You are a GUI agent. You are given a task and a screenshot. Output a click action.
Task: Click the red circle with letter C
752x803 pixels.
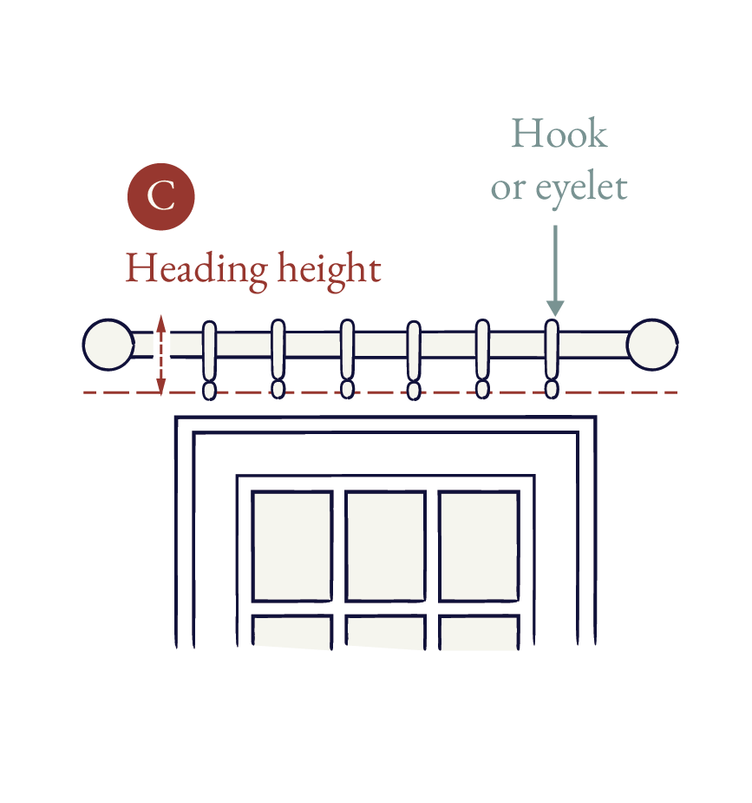pyautogui.click(x=161, y=197)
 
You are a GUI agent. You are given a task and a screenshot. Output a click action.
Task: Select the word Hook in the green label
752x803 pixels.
pyautogui.click(x=559, y=134)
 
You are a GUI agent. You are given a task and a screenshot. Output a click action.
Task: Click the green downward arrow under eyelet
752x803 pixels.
pyautogui.click(x=555, y=270)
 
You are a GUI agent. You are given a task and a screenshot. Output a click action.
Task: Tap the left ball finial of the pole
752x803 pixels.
pyautogui.click(x=108, y=345)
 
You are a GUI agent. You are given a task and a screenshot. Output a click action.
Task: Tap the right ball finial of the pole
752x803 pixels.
pyautogui.click(x=652, y=345)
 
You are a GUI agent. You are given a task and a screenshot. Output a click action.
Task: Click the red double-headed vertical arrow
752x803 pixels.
pyautogui.click(x=161, y=355)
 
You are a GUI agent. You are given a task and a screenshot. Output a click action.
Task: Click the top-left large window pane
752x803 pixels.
pyautogui.click(x=292, y=546)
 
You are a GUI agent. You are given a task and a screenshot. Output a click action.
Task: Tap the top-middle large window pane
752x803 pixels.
pyautogui.click(x=385, y=546)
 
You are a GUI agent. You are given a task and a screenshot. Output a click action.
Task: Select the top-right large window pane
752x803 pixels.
pyautogui.click(x=479, y=546)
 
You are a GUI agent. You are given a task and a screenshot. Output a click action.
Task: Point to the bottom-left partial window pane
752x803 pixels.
pyautogui.click(x=292, y=632)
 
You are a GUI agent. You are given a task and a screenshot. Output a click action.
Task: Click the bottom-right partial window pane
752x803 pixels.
pyautogui.click(x=479, y=632)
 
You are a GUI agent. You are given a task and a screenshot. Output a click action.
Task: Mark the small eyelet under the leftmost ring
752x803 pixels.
pyautogui.click(x=209, y=391)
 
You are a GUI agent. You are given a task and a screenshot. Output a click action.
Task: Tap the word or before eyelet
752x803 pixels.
pyautogui.click(x=508, y=189)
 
